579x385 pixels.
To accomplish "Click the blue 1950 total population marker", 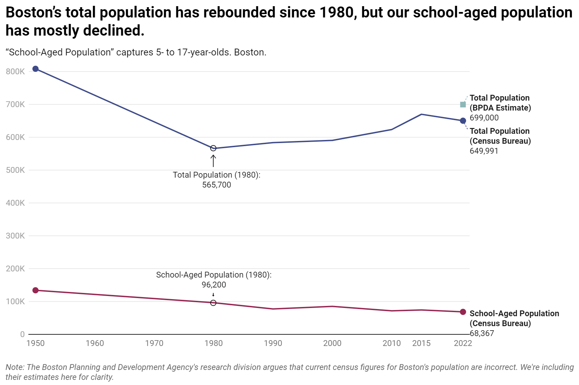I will click(36, 69).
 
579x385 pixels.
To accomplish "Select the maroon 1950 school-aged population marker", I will click(36, 290).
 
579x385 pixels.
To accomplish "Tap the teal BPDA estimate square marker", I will click(463, 105).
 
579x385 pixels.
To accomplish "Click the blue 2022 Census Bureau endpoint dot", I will click(463, 120).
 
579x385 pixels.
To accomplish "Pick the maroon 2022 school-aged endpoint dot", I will click(463, 312).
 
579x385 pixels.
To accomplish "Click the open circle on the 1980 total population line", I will click(213, 148).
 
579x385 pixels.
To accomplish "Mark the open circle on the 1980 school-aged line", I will click(213, 303).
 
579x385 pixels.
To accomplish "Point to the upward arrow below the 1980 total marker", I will click(213, 161).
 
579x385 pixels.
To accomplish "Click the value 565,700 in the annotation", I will click(217, 185).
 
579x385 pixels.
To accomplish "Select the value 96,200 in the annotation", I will click(214, 285).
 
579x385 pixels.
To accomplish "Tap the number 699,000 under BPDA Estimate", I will click(484, 118).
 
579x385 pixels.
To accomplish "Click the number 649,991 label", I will click(484, 151).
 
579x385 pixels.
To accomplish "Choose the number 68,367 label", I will click(482, 333).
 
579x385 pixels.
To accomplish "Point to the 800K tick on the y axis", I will click(15, 72).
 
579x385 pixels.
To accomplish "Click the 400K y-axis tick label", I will click(15, 203).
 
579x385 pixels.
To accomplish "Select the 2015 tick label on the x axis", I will click(421, 343).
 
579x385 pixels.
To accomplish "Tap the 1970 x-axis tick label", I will click(154, 343).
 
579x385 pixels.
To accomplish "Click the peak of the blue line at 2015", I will click(421, 114).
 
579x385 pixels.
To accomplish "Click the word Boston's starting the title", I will click(33, 13).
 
